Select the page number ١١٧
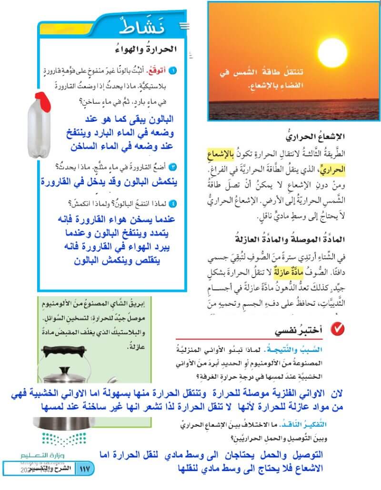[86, 468]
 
